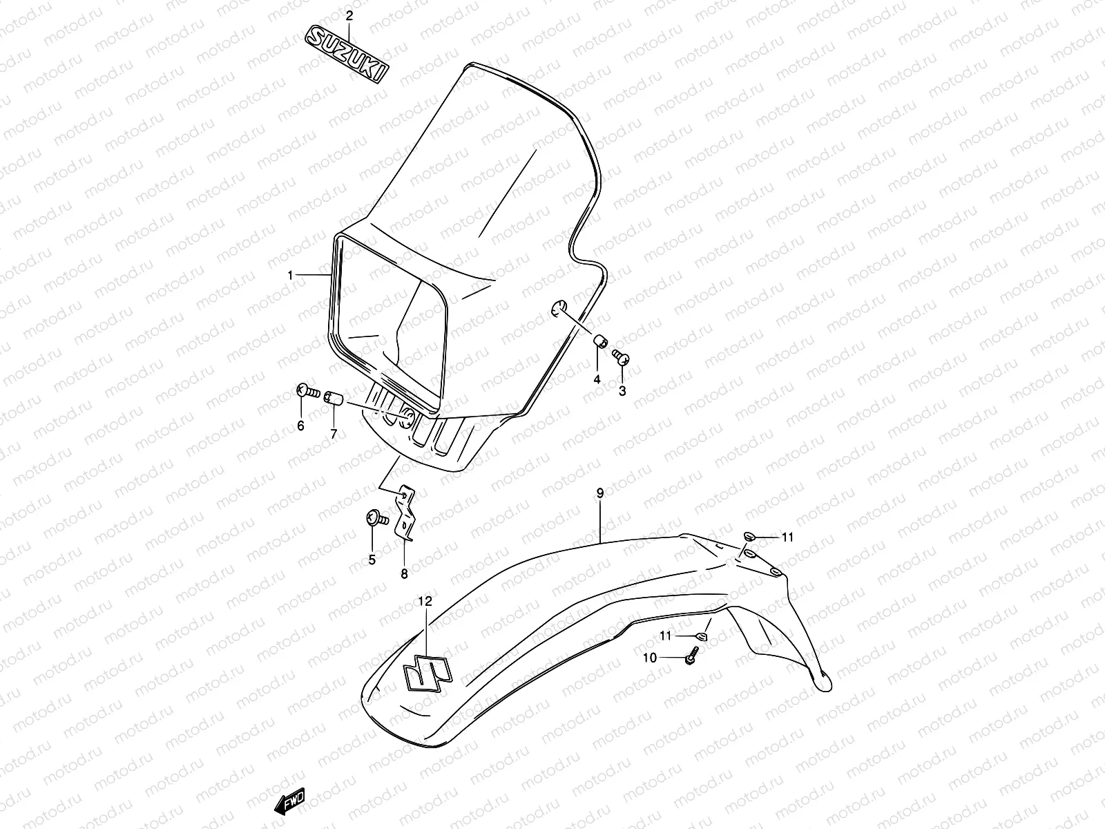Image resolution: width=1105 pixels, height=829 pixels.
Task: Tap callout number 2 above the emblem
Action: pos(349,15)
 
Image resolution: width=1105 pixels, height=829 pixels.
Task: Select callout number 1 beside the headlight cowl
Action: pos(291,275)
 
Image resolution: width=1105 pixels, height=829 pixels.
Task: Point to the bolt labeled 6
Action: pos(307,392)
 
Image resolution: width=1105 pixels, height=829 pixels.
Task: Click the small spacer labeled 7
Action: pos(335,397)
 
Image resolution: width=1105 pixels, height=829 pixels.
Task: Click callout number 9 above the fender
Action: pos(599,493)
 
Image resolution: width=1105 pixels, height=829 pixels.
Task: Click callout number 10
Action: pos(650,658)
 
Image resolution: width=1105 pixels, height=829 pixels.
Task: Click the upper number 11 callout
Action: pos(788,537)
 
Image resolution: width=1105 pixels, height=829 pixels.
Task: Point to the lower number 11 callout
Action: pos(666,636)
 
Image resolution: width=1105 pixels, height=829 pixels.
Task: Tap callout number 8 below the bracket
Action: pos(404,573)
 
